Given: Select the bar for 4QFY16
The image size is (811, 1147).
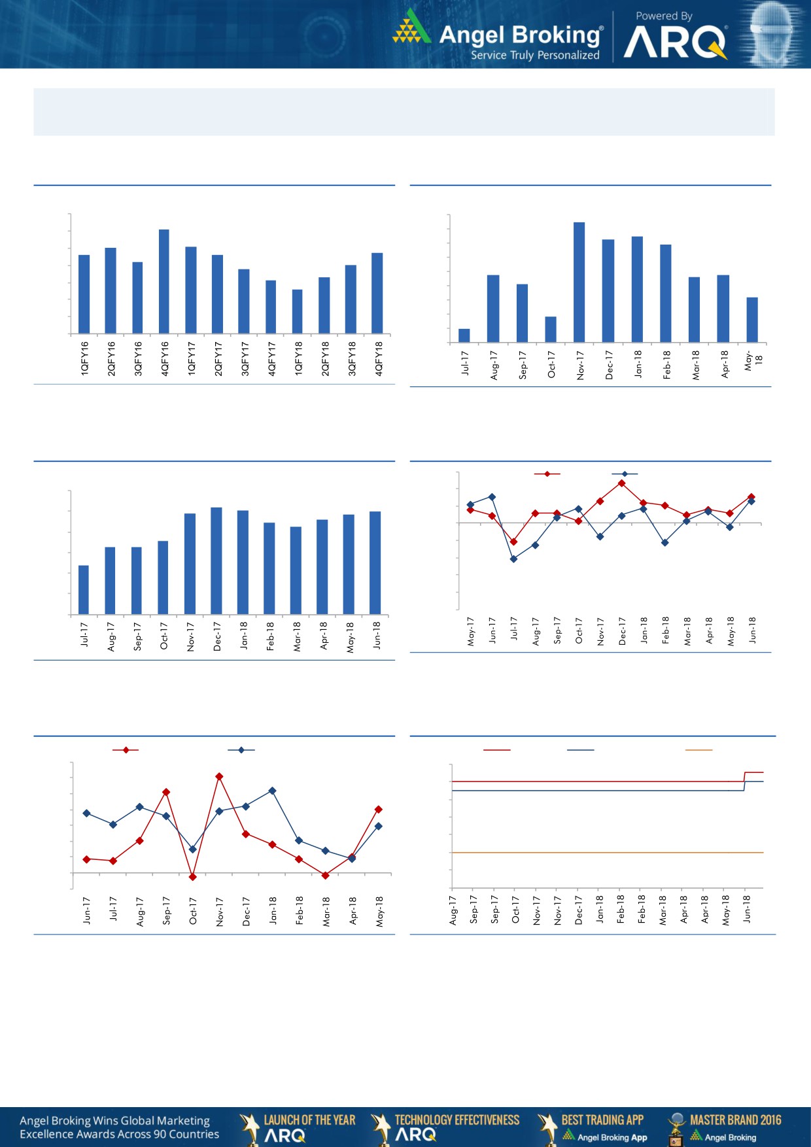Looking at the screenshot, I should [164, 281].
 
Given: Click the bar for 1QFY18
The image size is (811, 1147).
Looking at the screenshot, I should [297, 311].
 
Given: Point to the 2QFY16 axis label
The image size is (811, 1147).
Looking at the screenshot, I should [111, 358].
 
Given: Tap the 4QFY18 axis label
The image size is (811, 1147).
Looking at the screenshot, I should [378, 358].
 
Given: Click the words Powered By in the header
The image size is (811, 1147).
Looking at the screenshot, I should [664, 16].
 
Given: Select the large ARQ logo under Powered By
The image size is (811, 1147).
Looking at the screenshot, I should [675, 43].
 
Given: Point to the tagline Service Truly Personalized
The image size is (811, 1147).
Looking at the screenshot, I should [535, 56].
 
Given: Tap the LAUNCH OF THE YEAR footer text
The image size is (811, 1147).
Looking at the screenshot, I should [309, 1120].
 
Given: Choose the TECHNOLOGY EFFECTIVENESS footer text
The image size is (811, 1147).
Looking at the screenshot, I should [457, 1120].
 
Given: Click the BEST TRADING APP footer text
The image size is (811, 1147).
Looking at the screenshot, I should [602, 1120].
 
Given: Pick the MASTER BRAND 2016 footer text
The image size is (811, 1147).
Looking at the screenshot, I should [735, 1120].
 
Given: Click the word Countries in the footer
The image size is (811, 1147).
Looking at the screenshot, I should [194, 1135].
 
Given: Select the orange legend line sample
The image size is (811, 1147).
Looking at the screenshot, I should [699, 750].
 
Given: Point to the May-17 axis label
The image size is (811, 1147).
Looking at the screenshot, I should [470, 631].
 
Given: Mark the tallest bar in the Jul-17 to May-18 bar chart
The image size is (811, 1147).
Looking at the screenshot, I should [579, 282].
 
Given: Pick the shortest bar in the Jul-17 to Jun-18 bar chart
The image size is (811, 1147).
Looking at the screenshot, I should [84, 590].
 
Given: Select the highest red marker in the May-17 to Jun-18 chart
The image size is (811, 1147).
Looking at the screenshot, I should [621, 483].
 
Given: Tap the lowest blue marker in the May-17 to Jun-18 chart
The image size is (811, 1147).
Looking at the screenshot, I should [513, 559].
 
